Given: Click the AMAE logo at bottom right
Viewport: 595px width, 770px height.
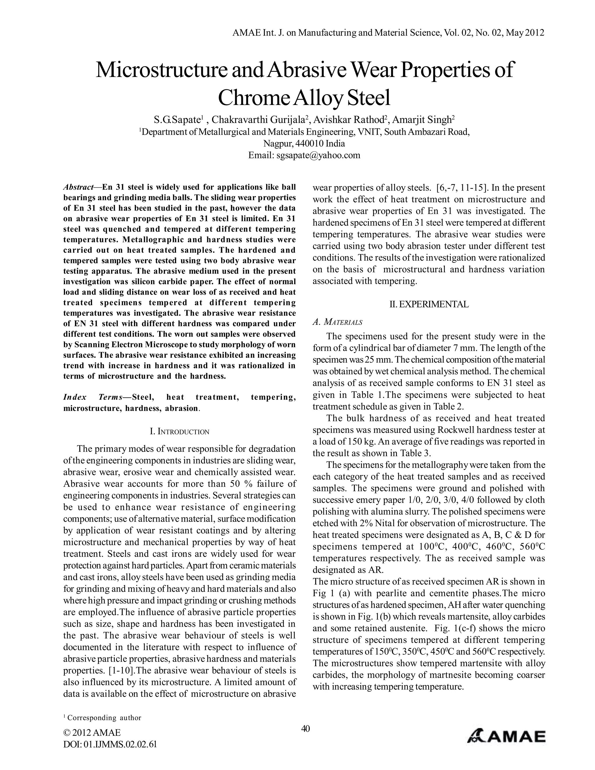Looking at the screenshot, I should (506, 736).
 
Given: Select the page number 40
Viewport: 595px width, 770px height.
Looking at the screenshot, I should (305, 728).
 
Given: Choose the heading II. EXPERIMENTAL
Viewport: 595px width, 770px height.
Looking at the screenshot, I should (429, 304).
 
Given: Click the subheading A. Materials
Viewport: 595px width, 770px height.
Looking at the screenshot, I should (337, 322).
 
